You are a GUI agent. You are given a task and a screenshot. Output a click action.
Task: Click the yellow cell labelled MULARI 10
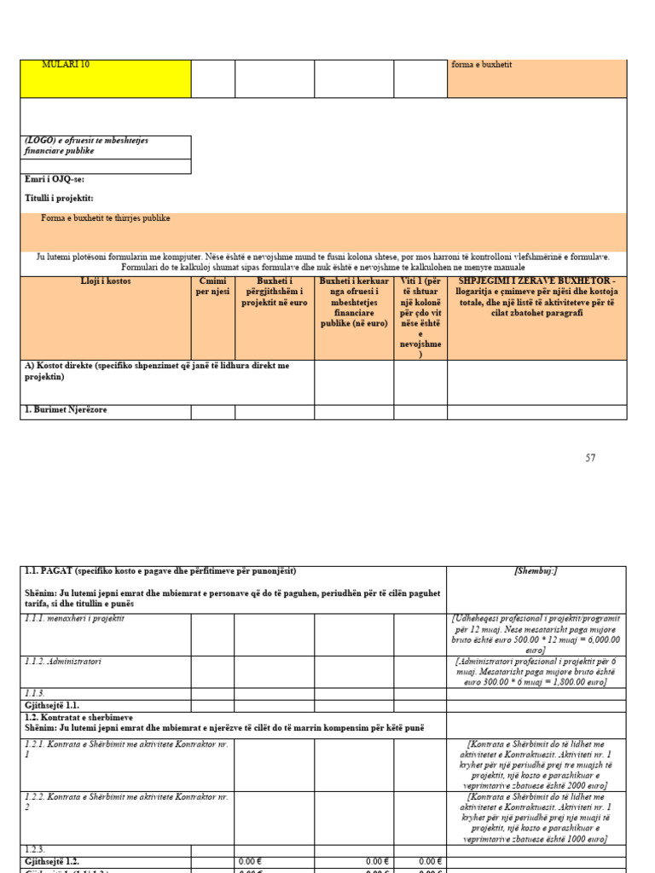click(x=105, y=78)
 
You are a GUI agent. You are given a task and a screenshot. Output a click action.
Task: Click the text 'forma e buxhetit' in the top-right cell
click(x=482, y=65)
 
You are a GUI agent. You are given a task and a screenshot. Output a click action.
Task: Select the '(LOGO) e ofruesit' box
click(x=105, y=146)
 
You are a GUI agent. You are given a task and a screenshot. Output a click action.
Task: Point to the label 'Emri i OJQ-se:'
click(x=55, y=180)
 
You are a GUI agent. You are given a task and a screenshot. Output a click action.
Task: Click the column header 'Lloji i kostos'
click(x=106, y=281)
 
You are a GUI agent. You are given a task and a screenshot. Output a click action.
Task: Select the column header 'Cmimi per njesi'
click(x=212, y=286)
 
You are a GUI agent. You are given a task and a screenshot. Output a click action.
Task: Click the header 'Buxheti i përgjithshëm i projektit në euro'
click(x=274, y=292)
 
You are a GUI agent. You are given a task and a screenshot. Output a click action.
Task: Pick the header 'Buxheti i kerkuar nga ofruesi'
click(x=353, y=302)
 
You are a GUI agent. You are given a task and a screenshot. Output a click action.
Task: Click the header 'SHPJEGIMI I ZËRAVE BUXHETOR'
click(x=536, y=297)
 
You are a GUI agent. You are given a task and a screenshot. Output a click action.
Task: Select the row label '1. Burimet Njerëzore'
click(x=66, y=410)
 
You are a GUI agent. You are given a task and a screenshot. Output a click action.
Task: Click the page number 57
click(x=590, y=458)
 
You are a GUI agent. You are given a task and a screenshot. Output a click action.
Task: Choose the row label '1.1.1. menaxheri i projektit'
click(x=75, y=619)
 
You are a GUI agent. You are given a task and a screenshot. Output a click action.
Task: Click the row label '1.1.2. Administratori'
click(x=64, y=662)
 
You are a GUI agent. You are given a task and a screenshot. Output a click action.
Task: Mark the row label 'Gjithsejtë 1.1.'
click(x=52, y=706)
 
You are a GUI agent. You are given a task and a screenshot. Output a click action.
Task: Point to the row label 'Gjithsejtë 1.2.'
click(x=52, y=862)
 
